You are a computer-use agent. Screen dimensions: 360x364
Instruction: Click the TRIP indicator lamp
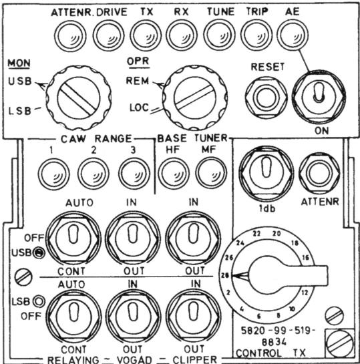(256, 35)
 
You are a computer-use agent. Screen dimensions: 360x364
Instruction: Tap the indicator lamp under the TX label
(146, 35)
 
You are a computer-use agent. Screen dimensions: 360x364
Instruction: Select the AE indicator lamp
(293, 35)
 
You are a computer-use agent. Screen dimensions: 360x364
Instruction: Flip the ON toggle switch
(319, 96)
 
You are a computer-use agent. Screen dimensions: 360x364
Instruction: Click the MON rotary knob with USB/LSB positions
(78, 98)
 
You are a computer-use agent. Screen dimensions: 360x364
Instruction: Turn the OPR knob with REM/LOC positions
(195, 98)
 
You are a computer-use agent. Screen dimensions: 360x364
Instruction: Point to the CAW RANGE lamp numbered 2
(94, 174)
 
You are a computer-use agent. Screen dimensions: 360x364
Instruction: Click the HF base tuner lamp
(174, 173)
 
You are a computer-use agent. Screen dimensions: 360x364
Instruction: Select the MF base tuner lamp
(211, 173)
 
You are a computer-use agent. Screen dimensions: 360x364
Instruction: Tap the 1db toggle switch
(266, 173)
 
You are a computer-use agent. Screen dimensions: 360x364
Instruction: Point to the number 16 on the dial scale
(306, 258)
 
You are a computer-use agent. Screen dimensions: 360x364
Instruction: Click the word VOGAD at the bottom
(134, 359)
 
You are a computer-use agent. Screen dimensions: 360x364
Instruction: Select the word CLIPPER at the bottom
(194, 359)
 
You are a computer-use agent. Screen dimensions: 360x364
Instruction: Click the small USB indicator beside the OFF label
(39, 253)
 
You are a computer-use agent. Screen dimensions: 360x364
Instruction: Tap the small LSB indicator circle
(39, 301)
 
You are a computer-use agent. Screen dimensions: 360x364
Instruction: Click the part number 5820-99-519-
(278, 331)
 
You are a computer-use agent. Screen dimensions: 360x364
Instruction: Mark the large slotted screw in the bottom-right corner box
(339, 344)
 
